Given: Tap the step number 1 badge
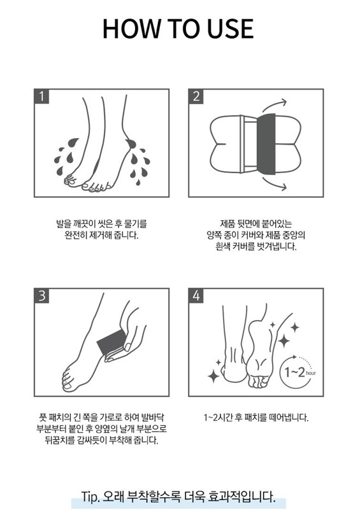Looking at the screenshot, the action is (x=41, y=96).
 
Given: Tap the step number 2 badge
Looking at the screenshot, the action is (x=196, y=96).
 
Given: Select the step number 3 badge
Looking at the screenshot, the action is (x=41, y=295).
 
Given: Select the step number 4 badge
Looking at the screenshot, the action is (x=196, y=295).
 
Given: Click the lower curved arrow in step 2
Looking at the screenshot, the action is (x=275, y=184).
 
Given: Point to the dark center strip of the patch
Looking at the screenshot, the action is (x=266, y=144).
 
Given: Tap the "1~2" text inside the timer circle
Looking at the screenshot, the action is (x=294, y=372).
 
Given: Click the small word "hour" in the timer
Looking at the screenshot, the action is (x=310, y=373).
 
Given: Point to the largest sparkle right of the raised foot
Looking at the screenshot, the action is (x=284, y=341).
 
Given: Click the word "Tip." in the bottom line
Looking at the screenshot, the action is (x=90, y=497).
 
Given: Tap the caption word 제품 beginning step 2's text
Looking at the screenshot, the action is (x=227, y=223).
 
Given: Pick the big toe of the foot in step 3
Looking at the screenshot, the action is (x=68, y=386).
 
